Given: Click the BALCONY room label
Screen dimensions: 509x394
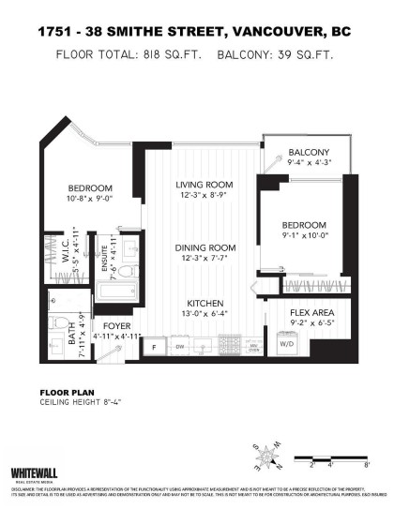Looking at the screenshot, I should click(x=309, y=152).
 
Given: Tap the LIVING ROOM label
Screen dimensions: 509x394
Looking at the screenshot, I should click(x=204, y=184).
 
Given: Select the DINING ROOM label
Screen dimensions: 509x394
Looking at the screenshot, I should click(x=205, y=247).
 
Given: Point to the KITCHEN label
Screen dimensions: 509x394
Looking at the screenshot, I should click(x=205, y=303).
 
